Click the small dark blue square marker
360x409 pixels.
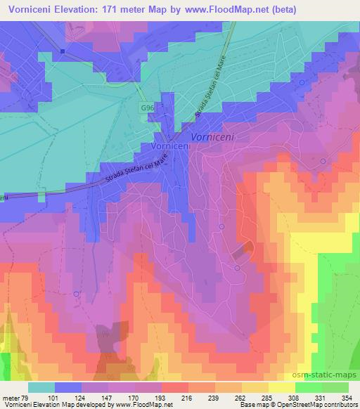63,51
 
